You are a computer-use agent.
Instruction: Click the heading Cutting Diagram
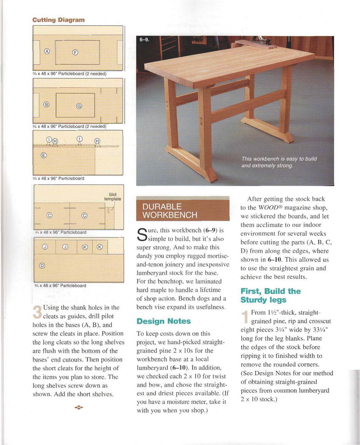59,20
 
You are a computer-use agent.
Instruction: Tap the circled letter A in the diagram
47,51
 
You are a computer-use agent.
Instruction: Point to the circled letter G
78,106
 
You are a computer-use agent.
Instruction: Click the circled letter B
47,104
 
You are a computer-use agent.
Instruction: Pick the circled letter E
43,155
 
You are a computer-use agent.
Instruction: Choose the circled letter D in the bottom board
42,266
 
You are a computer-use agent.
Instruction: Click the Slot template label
113,197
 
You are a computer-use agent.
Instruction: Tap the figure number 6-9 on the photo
144,40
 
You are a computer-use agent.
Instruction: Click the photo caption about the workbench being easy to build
279,162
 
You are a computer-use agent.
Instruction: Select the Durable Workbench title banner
182,211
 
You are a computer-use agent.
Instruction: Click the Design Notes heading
164,321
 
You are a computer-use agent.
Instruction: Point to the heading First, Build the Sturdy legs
271,295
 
